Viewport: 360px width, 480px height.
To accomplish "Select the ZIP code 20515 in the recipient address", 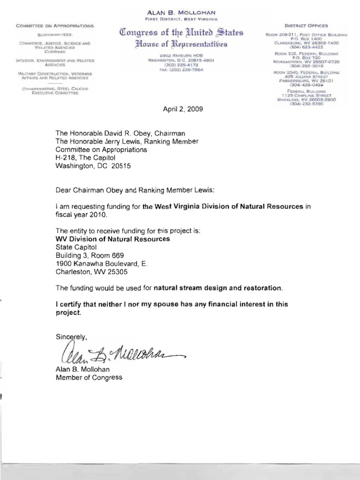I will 121,166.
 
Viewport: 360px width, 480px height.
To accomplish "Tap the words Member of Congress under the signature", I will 89,377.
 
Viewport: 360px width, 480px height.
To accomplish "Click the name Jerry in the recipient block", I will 112,142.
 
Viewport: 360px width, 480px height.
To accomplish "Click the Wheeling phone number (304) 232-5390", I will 307,105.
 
